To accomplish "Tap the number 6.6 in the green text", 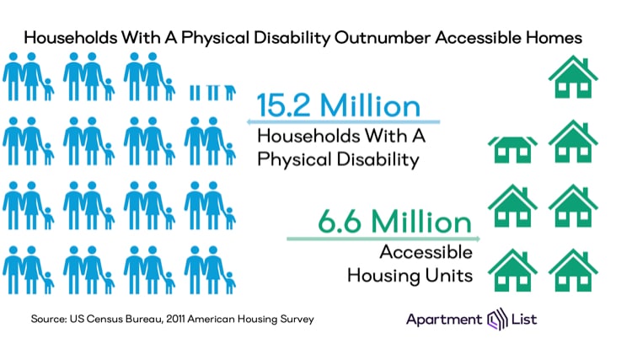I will click(x=341, y=222).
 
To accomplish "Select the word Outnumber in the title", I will click(x=381, y=38).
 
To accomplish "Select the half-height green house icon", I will click(x=512, y=148).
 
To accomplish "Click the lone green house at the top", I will click(x=573, y=78).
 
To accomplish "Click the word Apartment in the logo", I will click(x=443, y=320).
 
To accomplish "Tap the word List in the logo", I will click(x=522, y=320).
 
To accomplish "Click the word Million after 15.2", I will click(x=372, y=106).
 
